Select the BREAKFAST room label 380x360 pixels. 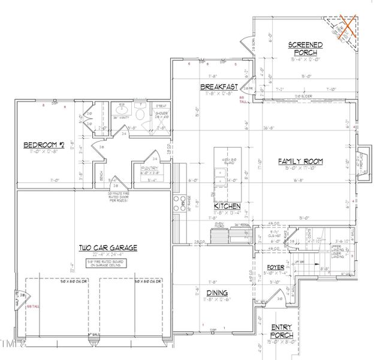tap(219, 88)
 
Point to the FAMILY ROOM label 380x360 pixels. tap(300, 161)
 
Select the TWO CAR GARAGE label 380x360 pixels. tap(107, 247)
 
